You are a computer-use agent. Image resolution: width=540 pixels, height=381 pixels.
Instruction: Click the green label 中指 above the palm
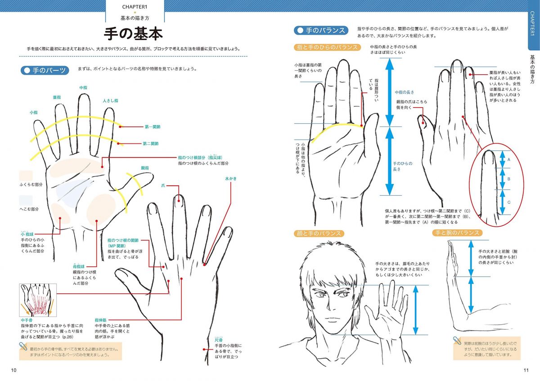pyautogui.click(x=83, y=87)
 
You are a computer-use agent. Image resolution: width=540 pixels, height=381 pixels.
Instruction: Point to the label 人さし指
pyautogui.click(x=110, y=101)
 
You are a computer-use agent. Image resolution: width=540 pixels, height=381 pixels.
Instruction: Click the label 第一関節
pyautogui.click(x=153, y=127)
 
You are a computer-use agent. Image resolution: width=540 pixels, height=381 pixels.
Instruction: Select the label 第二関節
pyautogui.click(x=151, y=144)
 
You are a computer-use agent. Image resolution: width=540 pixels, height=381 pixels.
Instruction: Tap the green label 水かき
pyautogui.click(x=230, y=179)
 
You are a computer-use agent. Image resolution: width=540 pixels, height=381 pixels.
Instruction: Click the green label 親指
pyautogui.click(x=145, y=167)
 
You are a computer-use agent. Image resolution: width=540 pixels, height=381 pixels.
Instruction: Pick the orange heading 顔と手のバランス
pyautogui.click(x=319, y=233)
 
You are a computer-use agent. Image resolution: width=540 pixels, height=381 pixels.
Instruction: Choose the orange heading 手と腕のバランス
pyautogui.click(x=457, y=233)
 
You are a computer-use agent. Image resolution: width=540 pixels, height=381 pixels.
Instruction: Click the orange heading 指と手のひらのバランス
pyautogui.click(x=328, y=47)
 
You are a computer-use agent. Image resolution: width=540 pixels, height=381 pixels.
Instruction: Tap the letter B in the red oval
pyautogui.click(x=509, y=179)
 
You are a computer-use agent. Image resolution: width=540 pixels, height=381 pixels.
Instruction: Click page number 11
pyautogui.click(x=526, y=370)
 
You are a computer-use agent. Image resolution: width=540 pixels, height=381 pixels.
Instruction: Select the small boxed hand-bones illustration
pyautogui.click(x=38, y=300)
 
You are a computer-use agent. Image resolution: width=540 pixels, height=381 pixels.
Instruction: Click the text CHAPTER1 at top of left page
pyautogui.click(x=135, y=7)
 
